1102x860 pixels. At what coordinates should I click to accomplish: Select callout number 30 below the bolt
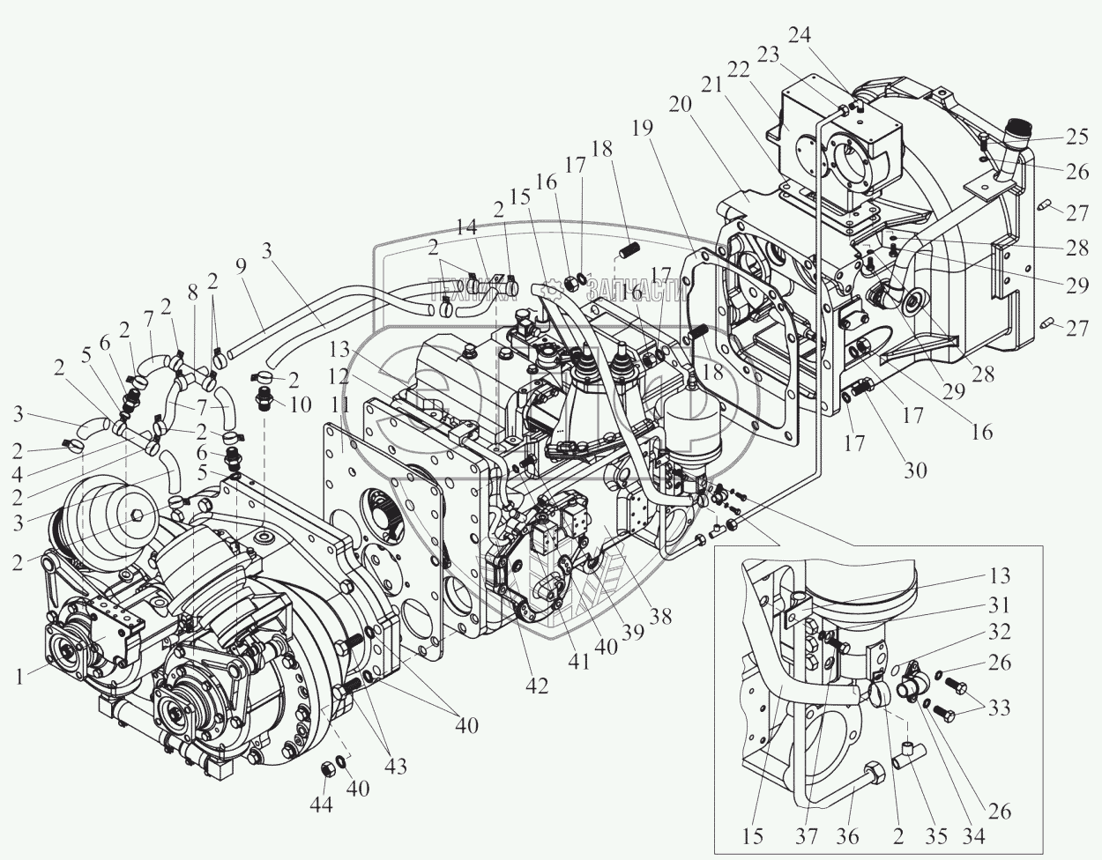(x=915, y=469)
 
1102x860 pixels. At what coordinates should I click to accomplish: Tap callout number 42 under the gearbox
(x=536, y=686)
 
